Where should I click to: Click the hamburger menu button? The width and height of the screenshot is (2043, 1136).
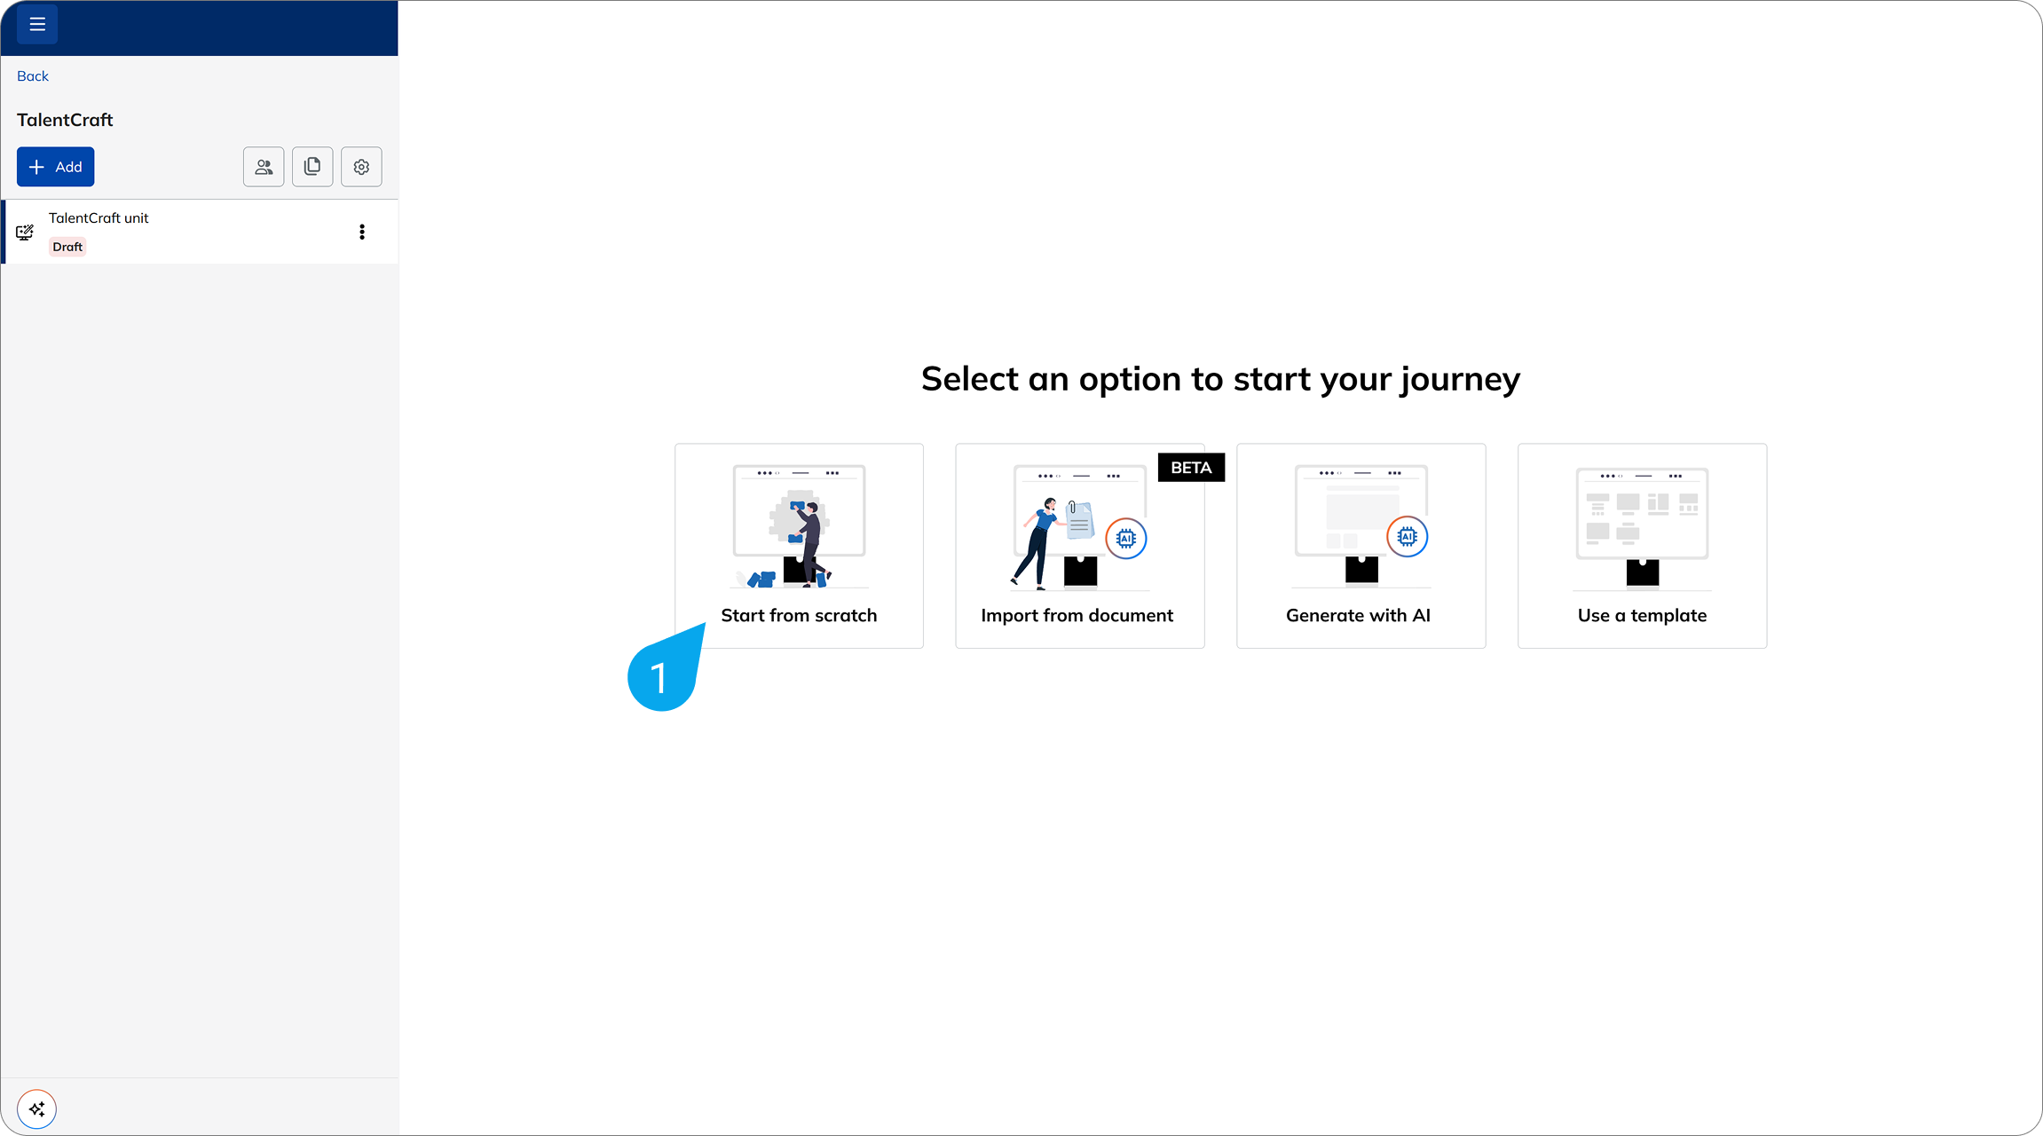point(37,25)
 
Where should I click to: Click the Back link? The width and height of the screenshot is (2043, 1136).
point(33,76)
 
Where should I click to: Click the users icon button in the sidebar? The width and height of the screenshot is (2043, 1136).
point(264,167)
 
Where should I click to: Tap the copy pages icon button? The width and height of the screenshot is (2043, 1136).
point(312,167)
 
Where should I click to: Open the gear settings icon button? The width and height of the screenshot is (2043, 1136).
point(361,167)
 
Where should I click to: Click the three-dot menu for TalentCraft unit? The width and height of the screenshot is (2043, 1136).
point(362,232)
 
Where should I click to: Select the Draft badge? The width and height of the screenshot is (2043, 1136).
point(67,247)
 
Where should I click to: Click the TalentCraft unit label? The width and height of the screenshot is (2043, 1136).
point(99,218)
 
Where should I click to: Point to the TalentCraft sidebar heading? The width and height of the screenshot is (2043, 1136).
point(65,120)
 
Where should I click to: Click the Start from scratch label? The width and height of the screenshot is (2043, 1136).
point(799,615)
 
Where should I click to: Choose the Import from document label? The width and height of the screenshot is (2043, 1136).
point(1077,615)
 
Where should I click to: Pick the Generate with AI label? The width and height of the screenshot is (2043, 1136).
point(1358,615)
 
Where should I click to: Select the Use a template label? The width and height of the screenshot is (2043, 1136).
point(1642,616)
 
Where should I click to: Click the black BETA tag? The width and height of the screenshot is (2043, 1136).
point(1191,468)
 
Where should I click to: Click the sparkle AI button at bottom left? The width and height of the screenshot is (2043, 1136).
point(37,1109)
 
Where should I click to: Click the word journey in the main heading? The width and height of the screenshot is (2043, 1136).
point(1460,380)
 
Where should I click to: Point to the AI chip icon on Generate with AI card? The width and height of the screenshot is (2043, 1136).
point(1408,536)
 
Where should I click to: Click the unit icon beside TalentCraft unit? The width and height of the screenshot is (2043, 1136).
point(25,233)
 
